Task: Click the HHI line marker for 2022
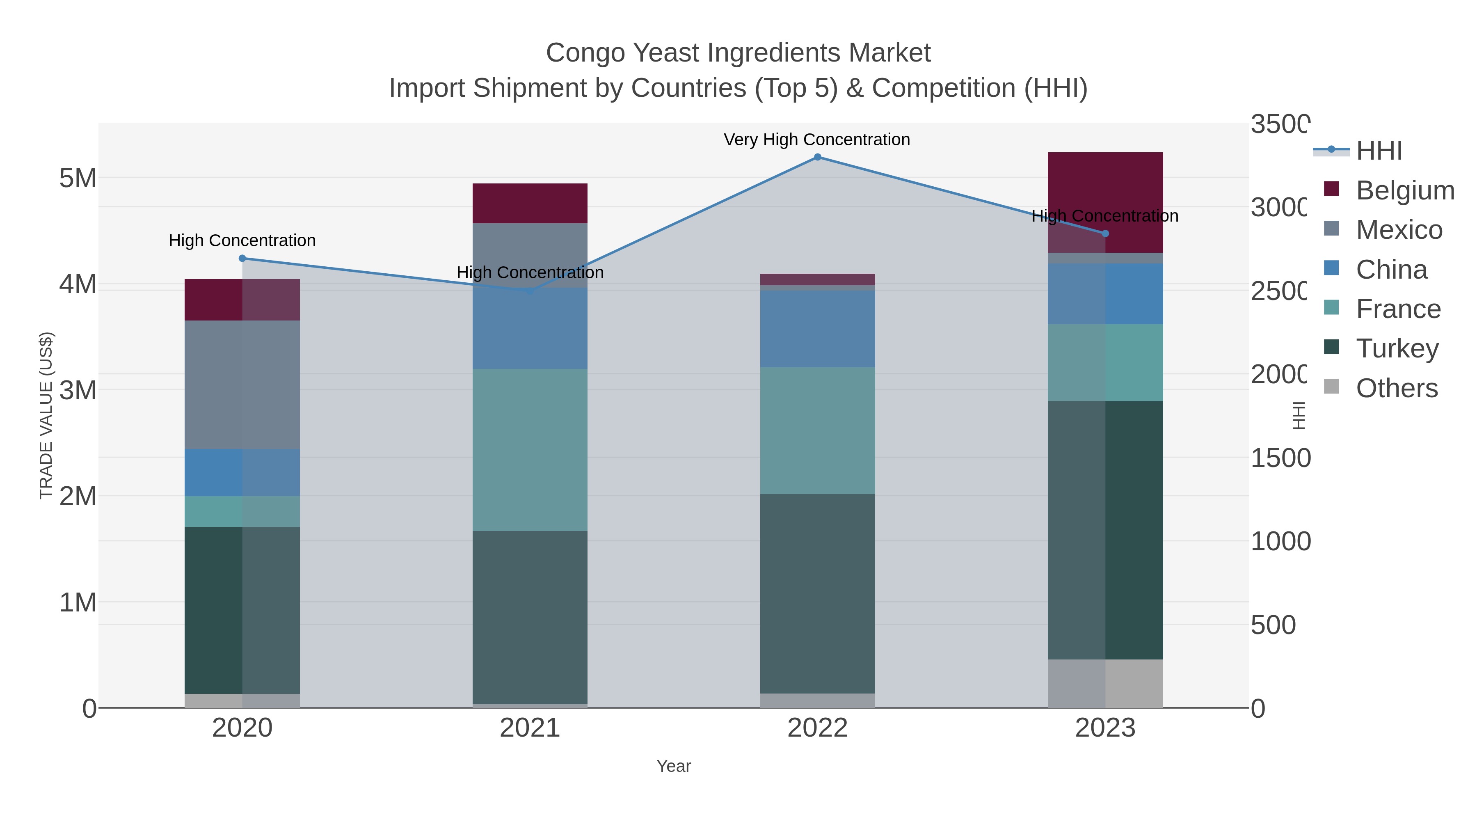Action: coord(818,157)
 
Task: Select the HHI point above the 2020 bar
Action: coord(242,259)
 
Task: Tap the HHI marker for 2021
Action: coord(530,291)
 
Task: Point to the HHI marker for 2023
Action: coord(1105,234)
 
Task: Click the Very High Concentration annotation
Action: coord(816,140)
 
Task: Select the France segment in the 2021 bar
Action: coord(530,450)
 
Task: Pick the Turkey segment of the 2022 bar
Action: coord(818,593)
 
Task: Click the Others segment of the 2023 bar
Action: coord(1105,684)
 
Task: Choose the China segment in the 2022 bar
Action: coord(818,329)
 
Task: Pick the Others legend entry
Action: coord(1396,388)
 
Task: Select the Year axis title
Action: coord(674,766)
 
